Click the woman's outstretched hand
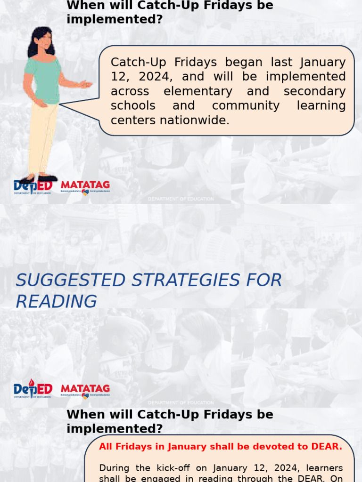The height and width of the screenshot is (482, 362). pos(85,84)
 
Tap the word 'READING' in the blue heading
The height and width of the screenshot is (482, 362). pos(56,301)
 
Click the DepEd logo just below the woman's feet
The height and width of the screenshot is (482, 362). pos(33,187)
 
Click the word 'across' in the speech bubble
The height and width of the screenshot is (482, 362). pos(130,91)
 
